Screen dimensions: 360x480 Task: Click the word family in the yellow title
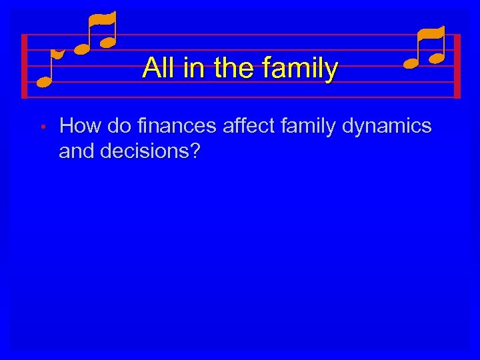299,68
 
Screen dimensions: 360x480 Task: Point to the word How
79,125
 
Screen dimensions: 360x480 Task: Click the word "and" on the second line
75,151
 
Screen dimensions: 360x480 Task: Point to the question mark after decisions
194,151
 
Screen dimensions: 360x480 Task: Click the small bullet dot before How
41,126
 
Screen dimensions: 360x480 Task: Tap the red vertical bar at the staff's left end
24,66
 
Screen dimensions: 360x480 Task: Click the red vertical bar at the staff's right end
457,66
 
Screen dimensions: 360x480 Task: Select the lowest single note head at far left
44,82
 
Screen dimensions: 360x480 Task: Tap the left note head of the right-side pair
411,63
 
